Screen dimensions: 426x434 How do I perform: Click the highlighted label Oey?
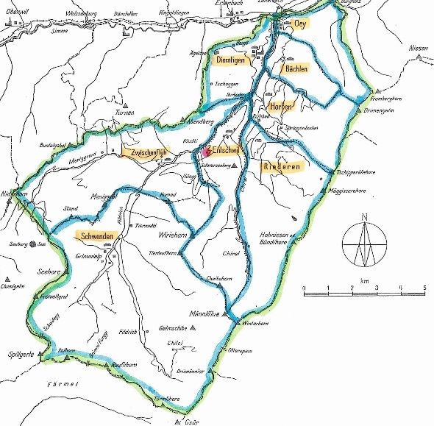pos(299,24)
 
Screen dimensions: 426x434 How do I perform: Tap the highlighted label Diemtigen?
pos(231,61)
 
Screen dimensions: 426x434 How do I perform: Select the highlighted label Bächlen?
pos(292,68)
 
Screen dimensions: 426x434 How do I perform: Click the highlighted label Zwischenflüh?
pos(149,152)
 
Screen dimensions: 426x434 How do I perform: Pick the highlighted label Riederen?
pos(279,167)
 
